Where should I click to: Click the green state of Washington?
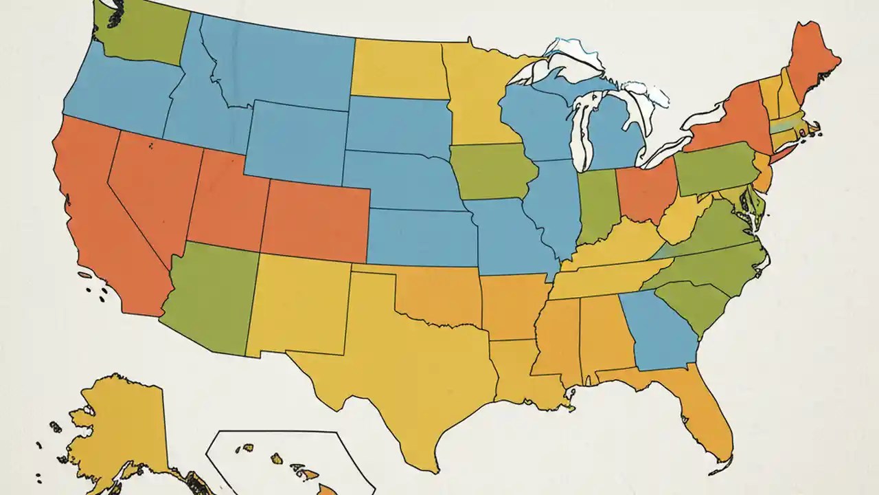tap(141, 34)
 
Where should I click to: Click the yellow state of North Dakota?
tap(398, 69)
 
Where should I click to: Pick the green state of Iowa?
tap(491, 172)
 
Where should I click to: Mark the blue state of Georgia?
tap(659, 330)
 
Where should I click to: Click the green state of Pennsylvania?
tap(714, 168)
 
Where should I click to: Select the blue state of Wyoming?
tap(295, 141)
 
